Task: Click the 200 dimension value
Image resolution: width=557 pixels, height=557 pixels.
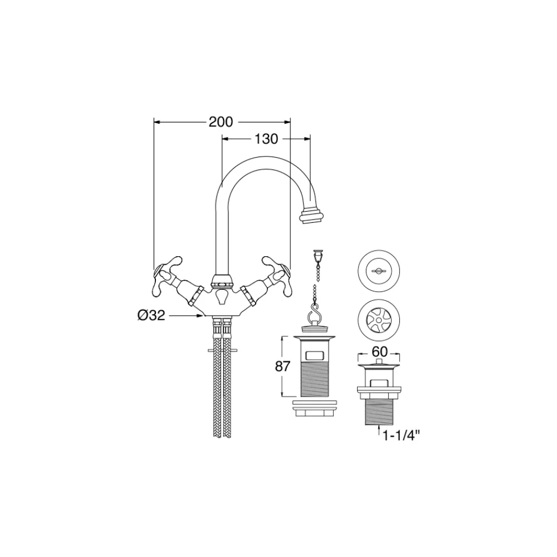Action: pos(221,122)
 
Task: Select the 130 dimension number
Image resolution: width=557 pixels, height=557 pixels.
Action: pos(266,139)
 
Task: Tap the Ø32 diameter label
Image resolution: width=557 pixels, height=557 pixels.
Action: pos(152,315)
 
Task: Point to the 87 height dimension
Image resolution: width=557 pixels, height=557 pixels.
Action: pos(283,366)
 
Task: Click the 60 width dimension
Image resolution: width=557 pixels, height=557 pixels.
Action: pos(379,352)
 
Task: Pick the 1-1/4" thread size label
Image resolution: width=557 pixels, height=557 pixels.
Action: pos(399,435)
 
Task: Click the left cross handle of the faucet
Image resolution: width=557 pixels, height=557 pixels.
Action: pos(167,277)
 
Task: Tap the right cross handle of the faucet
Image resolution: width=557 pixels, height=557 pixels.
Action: pos(277,277)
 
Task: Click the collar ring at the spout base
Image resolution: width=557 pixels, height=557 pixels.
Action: pos(222,280)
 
